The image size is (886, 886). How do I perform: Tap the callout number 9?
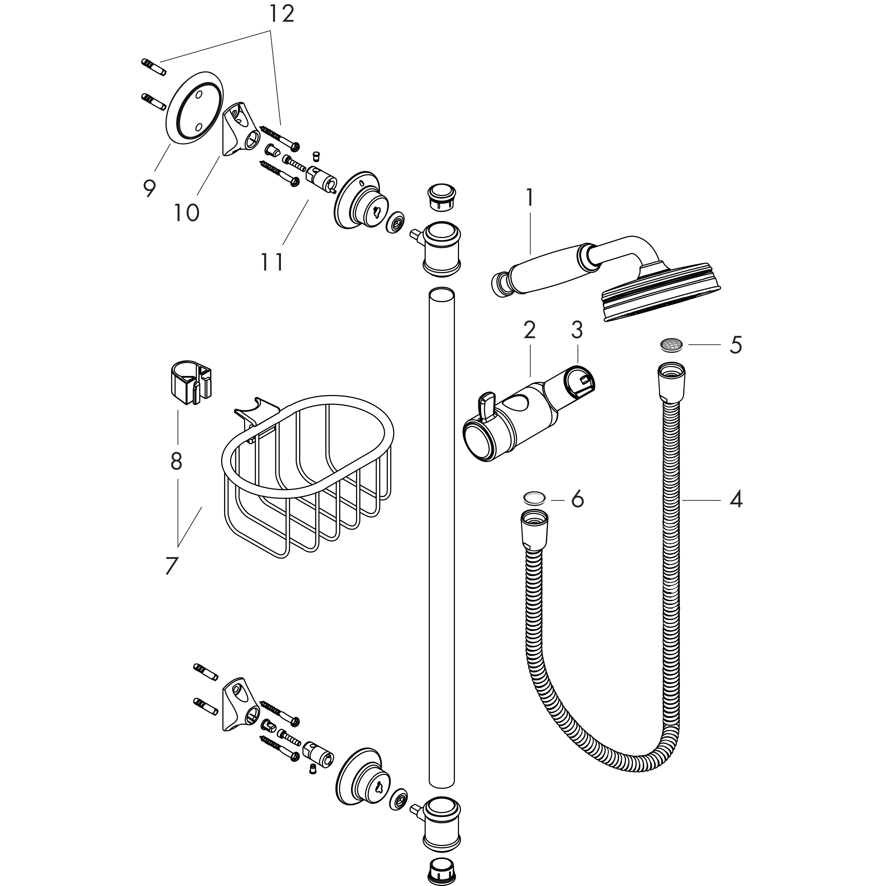point(149,188)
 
